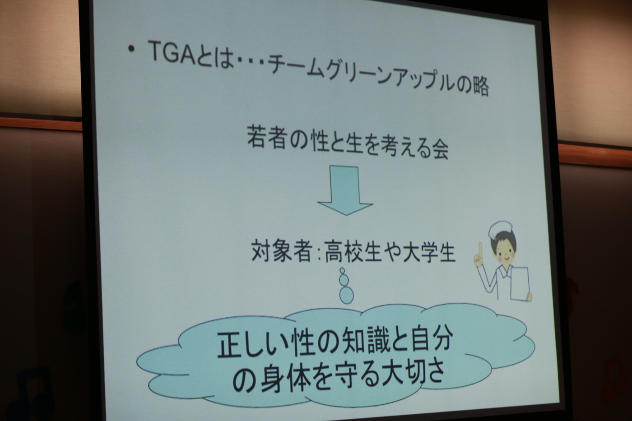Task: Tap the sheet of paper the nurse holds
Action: [x=520, y=284]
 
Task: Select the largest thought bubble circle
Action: [x=347, y=295]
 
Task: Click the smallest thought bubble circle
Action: [x=342, y=271]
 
